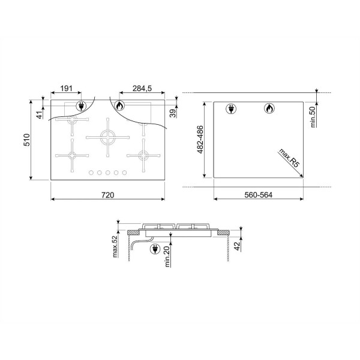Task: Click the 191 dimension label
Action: [66, 88]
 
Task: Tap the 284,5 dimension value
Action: [142, 88]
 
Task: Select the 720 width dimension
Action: [107, 195]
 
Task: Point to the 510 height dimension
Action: [27, 140]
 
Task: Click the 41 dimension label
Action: [40, 115]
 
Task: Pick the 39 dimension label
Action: [173, 113]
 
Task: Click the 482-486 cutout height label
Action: [200, 139]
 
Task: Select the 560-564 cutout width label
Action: [258, 195]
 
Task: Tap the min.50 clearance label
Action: [313, 117]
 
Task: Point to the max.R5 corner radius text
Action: [289, 158]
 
